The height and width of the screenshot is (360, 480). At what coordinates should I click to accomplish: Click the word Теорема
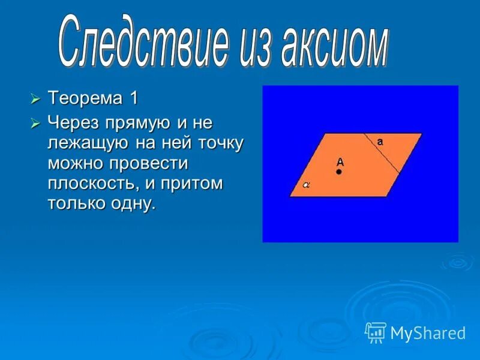tap(85, 98)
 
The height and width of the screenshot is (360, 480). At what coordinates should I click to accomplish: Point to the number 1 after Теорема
tap(134, 98)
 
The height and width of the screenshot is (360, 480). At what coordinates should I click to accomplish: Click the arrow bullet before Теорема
tap(35, 99)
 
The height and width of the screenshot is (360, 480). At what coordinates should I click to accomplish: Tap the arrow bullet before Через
tap(35, 124)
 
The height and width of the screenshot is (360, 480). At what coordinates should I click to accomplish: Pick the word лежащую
tap(88, 144)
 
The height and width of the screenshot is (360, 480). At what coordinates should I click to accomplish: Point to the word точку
tap(221, 144)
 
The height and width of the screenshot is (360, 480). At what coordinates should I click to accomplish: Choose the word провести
tap(149, 164)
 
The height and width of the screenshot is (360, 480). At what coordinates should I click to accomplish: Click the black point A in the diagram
tap(338, 172)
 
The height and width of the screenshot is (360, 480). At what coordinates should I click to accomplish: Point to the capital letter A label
tap(340, 162)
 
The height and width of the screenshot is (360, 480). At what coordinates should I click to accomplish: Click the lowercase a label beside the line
tap(380, 142)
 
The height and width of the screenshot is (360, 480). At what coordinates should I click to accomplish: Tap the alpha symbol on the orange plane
tap(306, 185)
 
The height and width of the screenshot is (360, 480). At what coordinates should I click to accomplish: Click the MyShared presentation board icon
tap(375, 333)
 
